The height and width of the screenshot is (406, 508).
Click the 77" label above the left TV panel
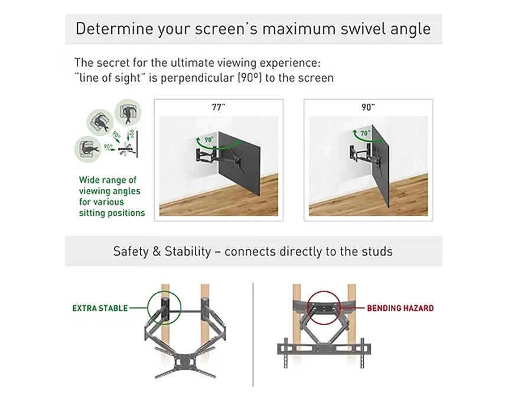coord(219,107)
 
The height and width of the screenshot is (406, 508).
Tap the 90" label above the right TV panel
coord(368,107)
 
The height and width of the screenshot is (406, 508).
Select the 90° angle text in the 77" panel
coord(209,139)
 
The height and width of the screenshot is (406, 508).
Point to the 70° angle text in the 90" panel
coord(365,133)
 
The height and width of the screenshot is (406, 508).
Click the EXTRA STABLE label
coord(100,308)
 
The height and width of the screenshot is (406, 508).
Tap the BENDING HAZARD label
coord(400,308)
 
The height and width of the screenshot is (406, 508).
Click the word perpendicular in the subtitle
coord(197,78)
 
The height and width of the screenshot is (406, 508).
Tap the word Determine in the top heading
coord(115,28)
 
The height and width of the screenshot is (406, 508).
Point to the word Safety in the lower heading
coord(129,251)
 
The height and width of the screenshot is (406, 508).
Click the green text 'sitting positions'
coord(112,213)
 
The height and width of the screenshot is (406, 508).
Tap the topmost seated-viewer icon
coord(128,112)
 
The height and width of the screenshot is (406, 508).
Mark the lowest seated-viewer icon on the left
coord(87,149)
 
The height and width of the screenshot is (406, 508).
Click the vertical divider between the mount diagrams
coord(253,335)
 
